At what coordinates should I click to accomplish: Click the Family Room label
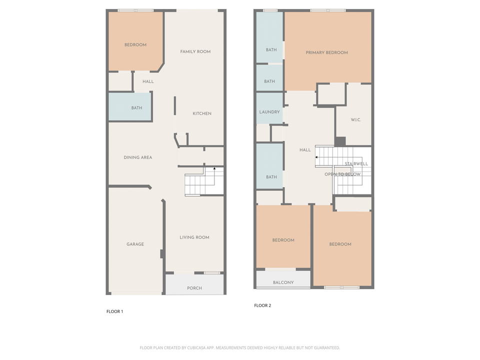(195, 51)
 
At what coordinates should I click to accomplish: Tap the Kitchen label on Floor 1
(202, 113)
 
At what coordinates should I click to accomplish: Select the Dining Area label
(138, 157)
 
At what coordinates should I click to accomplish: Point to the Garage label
(135, 244)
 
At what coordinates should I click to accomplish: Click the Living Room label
(194, 237)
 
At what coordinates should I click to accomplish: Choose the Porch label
(194, 288)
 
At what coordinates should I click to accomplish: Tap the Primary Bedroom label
(327, 52)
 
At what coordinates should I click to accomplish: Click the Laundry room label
(269, 112)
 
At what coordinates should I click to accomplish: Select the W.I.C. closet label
(356, 119)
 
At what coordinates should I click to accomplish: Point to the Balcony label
(283, 282)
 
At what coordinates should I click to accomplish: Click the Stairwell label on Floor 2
(356, 163)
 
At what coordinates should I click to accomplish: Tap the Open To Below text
(342, 174)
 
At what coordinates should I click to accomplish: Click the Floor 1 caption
(114, 311)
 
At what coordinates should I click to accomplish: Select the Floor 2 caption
(262, 305)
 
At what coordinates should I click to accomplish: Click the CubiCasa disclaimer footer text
(240, 347)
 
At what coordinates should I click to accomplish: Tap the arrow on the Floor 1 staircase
(214, 169)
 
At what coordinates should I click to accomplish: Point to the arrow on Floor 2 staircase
(316, 157)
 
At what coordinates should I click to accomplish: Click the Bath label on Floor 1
(136, 107)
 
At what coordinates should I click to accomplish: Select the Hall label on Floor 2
(305, 149)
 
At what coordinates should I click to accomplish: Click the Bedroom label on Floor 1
(135, 44)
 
